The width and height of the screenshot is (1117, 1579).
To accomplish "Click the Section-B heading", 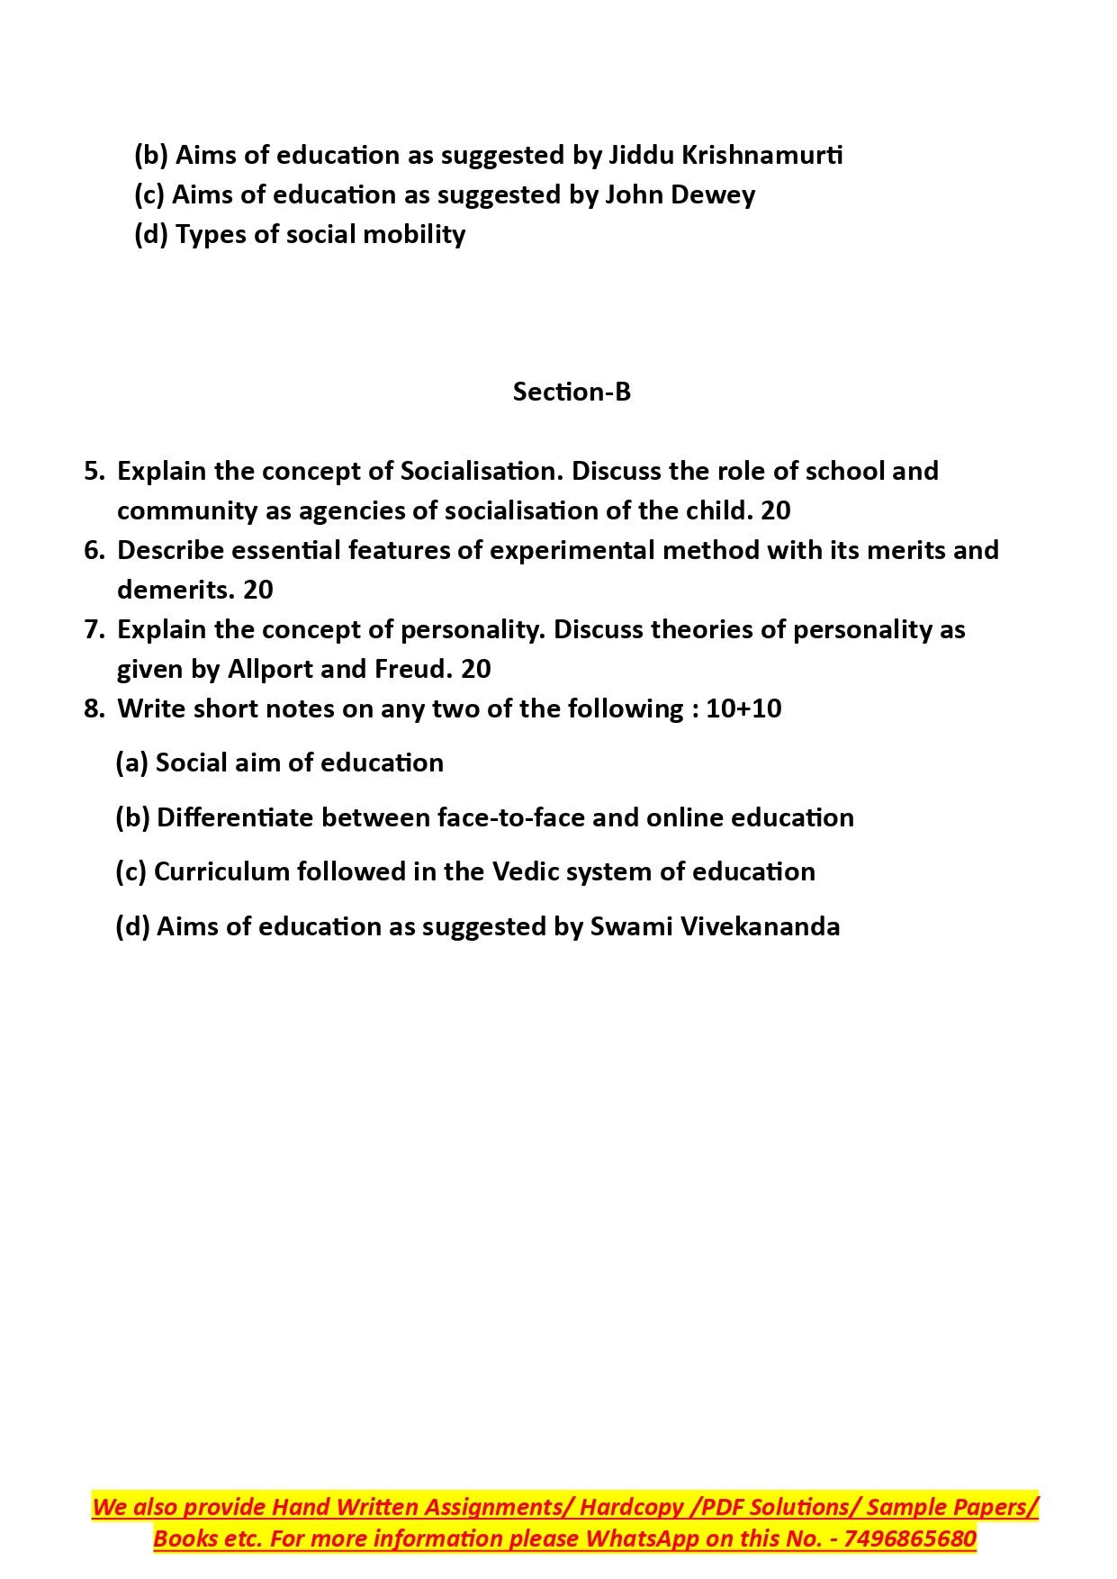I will click(572, 392).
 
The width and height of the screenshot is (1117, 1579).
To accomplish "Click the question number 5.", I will click(94, 471).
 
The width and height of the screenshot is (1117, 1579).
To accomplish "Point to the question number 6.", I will click(94, 550).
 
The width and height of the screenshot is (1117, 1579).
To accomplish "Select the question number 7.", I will click(94, 629).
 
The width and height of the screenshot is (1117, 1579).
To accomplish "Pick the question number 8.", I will click(94, 708).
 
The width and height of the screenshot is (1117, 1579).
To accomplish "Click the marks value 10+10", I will click(743, 708).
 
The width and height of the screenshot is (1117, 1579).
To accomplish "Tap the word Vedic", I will click(527, 871).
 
